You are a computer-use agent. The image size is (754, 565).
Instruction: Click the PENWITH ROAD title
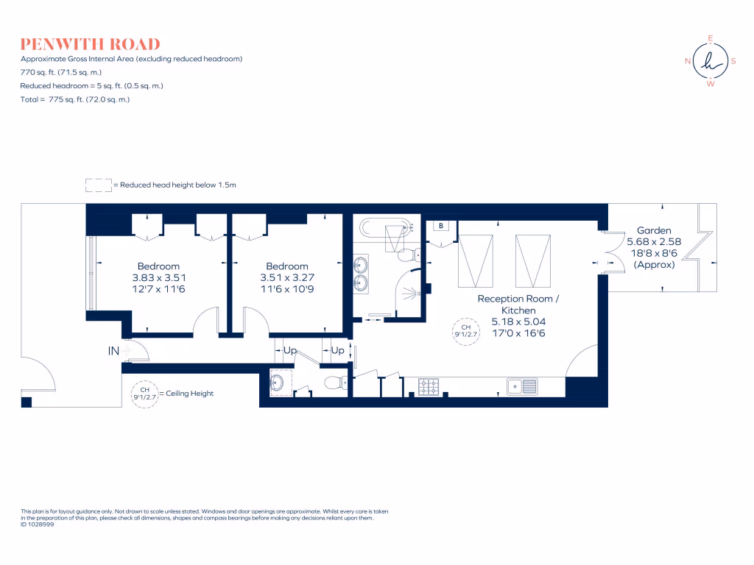pyautogui.click(x=91, y=44)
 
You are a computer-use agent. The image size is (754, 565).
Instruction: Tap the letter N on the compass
pyautogui.click(x=687, y=61)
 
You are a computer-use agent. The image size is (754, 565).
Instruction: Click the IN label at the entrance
pyautogui.click(x=113, y=352)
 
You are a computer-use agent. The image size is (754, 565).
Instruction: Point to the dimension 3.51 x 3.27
pyautogui.click(x=286, y=278)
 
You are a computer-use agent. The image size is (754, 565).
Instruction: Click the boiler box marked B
pyautogui.click(x=441, y=226)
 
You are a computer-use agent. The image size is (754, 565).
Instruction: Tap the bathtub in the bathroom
pyautogui.click(x=387, y=228)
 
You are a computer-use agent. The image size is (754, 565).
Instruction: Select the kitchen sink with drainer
pyautogui.click(x=522, y=385)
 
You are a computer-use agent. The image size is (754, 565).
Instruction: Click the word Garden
pyautogui.click(x=654, y=230)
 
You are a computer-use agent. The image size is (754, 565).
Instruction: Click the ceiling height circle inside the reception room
pyautogui.click(x=466, y=330)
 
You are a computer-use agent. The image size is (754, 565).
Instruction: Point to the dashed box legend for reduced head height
pyautogui.click(x=98, y=185)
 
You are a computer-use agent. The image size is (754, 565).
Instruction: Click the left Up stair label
pyautogui.click(x=290, y=351)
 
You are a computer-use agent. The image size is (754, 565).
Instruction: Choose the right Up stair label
pyautogui.click(x=337, y=351)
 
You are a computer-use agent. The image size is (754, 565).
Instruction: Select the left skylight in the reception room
pyautogui.click(x=476, y=260)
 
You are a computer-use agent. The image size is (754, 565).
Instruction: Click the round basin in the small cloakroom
pyautogui.click(x=278, y=382)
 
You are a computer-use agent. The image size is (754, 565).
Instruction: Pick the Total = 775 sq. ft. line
pyautogui.click(x=75, y=99)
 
